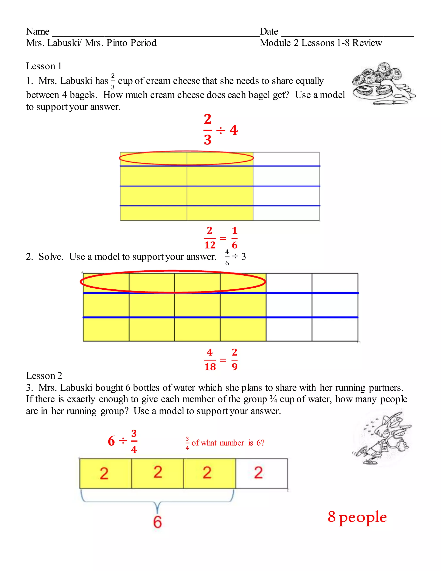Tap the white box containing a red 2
[x=261, y=473]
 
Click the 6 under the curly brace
[x=157, y=522]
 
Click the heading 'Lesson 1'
[x=44, y=66]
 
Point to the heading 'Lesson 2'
[x=44, y=376]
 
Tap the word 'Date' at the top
[x=269, y=31]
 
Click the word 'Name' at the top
[x=38, y=31]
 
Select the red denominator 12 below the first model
[x=210, y=245]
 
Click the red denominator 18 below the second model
[x=210, y=367]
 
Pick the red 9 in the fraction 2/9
[x=234, y=367]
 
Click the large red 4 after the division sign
[x=234, y=130]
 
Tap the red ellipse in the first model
[x=186, y=158]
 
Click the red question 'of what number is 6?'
[x=228, y=443]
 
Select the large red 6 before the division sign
[x=111, y=441]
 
